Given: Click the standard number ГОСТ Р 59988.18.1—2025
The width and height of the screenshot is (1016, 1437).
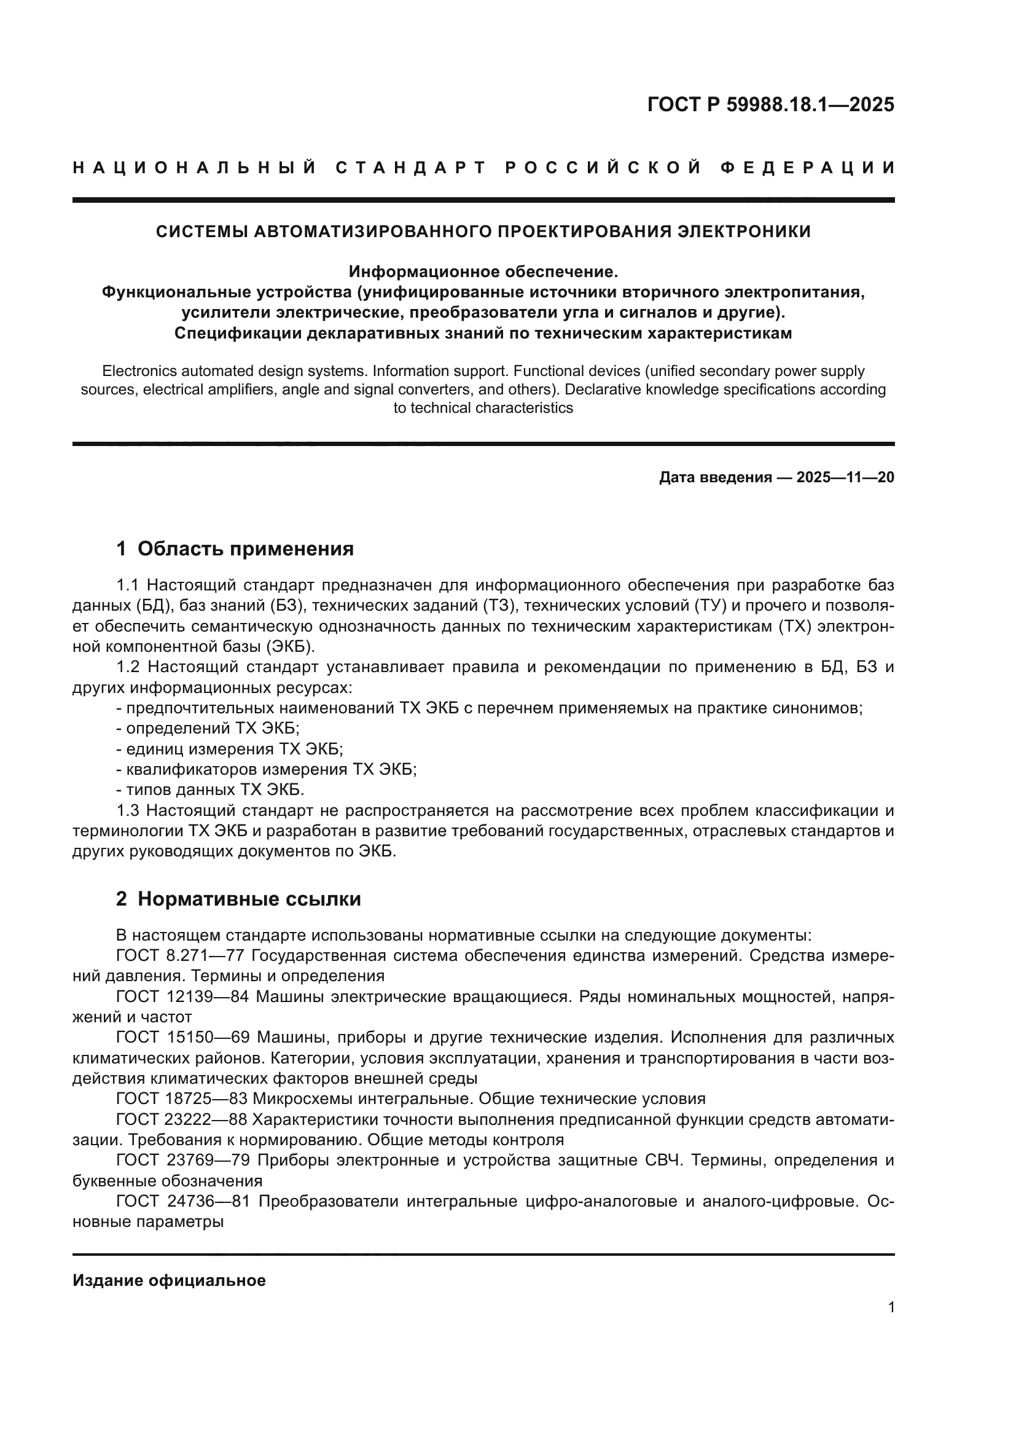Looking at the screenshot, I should [x=770, y=105].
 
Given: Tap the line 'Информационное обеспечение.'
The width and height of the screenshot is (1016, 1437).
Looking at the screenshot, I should [x=483, y=272].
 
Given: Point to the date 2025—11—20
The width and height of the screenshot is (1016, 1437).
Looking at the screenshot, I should [x=845, y=477].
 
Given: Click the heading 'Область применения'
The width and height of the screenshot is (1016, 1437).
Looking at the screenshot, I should [x=245, y=549].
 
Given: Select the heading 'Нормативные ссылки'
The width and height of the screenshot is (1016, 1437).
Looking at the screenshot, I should [x=249, y=899].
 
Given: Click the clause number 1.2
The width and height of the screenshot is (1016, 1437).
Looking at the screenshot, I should [x=130, y=667].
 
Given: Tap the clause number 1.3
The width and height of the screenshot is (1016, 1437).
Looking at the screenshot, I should [x=130, y=811].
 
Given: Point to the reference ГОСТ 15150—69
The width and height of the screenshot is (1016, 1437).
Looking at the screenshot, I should [x=182, y=1038].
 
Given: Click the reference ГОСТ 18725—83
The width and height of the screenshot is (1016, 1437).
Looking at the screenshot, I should [x=182, y=1099].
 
